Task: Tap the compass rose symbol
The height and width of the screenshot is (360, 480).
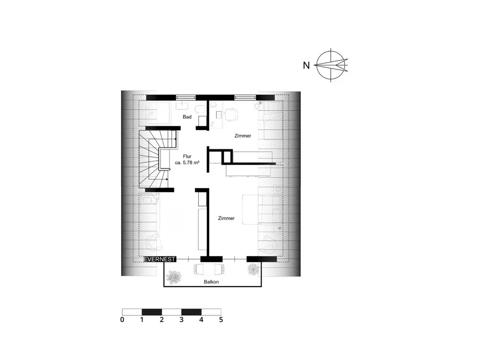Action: (331, 64)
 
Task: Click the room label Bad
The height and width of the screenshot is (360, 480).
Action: (187, 117)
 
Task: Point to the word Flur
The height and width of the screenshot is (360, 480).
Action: (188, 156)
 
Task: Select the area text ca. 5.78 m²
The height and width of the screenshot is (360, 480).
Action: (188, 163)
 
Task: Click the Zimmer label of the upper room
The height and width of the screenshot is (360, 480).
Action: (243, 136)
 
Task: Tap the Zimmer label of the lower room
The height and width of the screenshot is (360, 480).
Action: (226, 218)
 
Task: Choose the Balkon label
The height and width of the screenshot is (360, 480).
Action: (211, 282)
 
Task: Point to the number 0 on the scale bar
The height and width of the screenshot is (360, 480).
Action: (123, 319)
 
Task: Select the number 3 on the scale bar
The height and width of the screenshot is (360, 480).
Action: (181, 319)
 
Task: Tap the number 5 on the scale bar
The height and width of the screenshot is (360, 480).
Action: (221, 319)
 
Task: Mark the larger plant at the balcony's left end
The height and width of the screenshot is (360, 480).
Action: (173, 277)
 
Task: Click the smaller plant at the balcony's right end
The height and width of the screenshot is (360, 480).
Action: (252, 270)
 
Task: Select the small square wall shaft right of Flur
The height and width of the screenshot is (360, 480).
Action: (227, 156)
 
